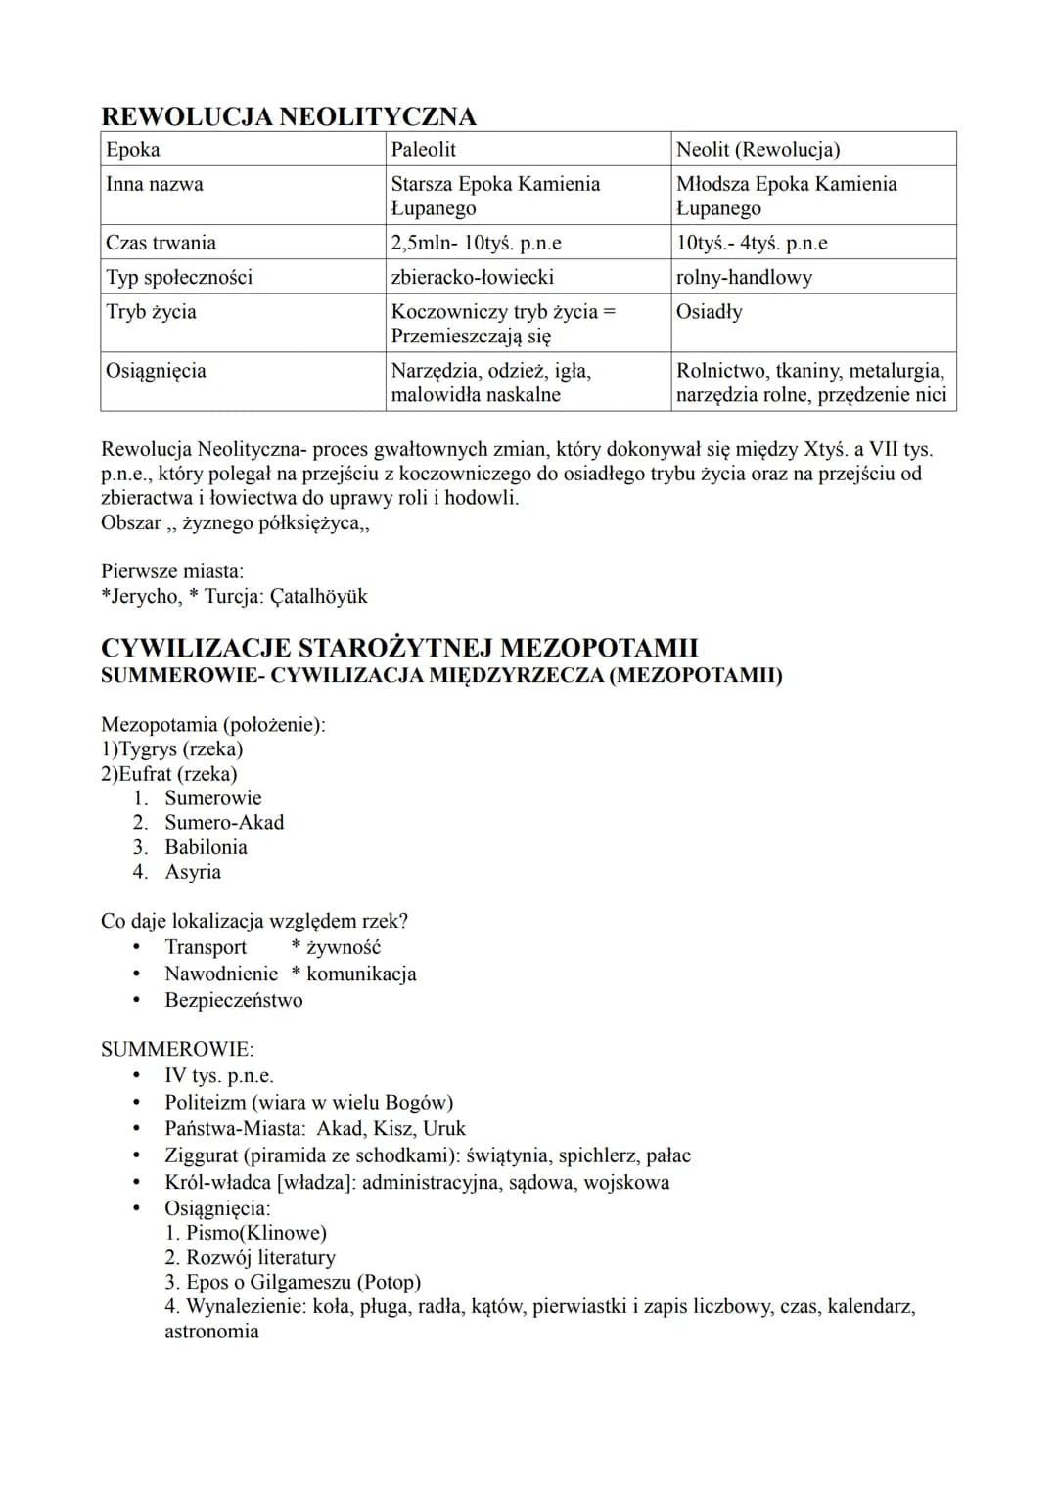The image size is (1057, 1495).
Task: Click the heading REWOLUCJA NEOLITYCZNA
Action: [x=289, y=116]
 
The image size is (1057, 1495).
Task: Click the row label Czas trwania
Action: [x=161, y=243]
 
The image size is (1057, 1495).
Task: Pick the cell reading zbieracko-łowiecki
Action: [x=472, y=277]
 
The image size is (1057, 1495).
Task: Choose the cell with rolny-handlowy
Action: [x=744, y=277]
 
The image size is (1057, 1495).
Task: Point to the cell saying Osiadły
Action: [x=710, y=311]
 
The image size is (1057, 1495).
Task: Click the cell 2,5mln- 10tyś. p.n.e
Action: [x=476, y=243]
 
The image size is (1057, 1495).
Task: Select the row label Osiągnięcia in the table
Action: [x=156, y=371]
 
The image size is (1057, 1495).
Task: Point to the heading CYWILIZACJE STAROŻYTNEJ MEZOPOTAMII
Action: [x=399, y=648]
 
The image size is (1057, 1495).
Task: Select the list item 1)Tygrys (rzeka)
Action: [x=171, y=749]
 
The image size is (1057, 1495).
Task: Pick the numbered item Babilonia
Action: [x=206, y=847]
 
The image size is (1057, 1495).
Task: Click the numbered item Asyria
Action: [x=193, y=872]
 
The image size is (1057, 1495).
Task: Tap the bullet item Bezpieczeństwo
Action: [x=234, y=1000]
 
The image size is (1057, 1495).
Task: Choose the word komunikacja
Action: [x=361, y=974]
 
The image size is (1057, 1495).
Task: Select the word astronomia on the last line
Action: [x=211, y=1331]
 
